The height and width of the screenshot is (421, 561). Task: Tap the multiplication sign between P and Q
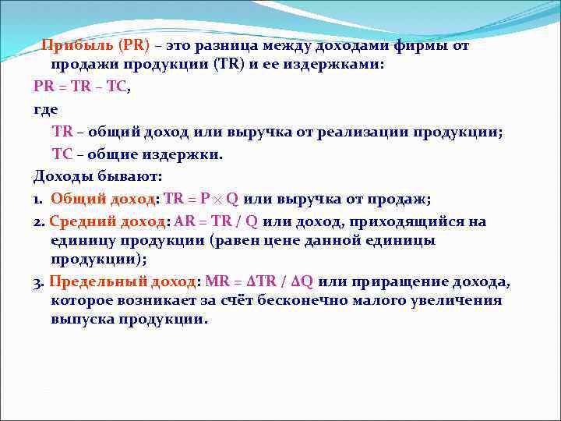(216, 199)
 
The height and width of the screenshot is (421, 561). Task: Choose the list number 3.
(37, 281)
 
